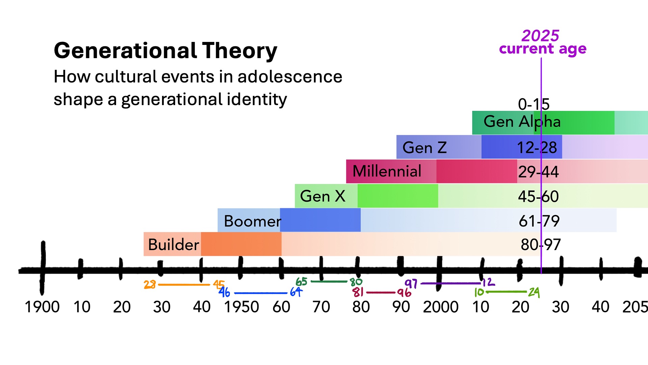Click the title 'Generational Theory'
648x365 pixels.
(165, 51)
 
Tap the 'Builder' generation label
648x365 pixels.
(173, 244)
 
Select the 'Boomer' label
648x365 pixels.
(252, 221)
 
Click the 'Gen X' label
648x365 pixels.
(323, 196)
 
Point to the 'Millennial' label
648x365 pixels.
(387, 171)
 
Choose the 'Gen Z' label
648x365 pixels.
(425, 148)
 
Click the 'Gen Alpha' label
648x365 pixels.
(522, 122)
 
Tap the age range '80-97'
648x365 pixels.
(541, 244)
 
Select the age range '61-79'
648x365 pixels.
(539, 221)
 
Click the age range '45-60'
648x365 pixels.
(538, 196)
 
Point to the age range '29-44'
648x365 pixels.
(538, 172)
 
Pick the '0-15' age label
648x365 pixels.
(534, 104)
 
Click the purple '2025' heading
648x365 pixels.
(540, 35)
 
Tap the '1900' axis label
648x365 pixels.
(42, 307)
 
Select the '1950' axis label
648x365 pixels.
(241, 307)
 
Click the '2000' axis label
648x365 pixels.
(440, 307)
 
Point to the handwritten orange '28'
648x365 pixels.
(150, 285)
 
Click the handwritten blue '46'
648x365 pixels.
(224, 292)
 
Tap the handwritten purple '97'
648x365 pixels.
(411, 284)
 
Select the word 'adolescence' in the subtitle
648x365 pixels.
(290, 76)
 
